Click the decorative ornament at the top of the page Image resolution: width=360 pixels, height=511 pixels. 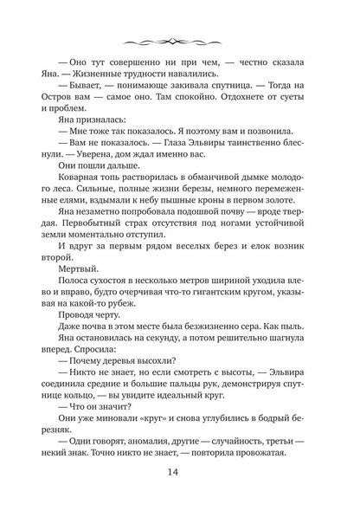[x=180, y=41]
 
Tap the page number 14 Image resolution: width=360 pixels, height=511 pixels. [x=180, y=474]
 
